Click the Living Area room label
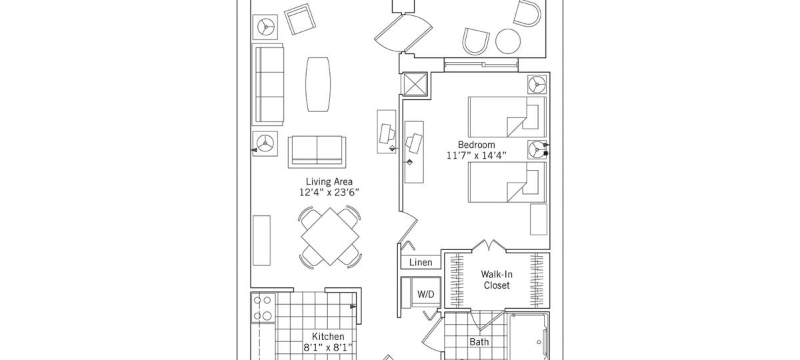tap(329, 181)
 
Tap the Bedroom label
tap(476, 145)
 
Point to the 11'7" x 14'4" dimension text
tap(476, 156)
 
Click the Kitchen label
tap(328, 337)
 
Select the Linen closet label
tap(421, 263)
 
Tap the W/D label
tap(425, 294)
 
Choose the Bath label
tap(479, 342)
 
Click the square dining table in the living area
tap(330, 236)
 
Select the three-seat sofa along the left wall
tap(267, 85)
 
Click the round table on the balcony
tap(509, 41)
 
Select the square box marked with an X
tap(416, 85)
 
